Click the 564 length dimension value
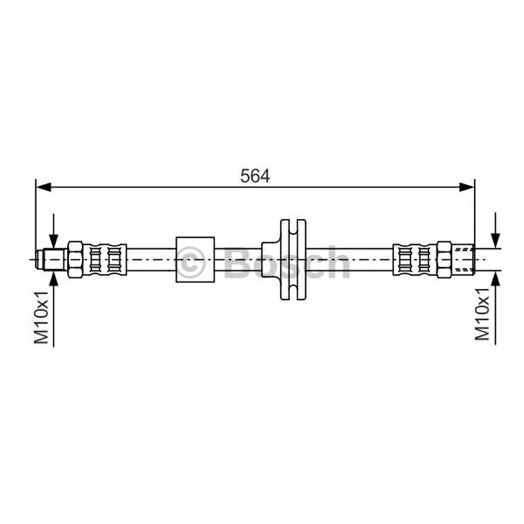255,176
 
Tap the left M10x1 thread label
42,318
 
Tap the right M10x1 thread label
482,314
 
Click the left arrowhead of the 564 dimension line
43,187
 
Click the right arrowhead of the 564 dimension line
467,187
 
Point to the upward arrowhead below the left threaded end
54,278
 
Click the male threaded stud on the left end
52,259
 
